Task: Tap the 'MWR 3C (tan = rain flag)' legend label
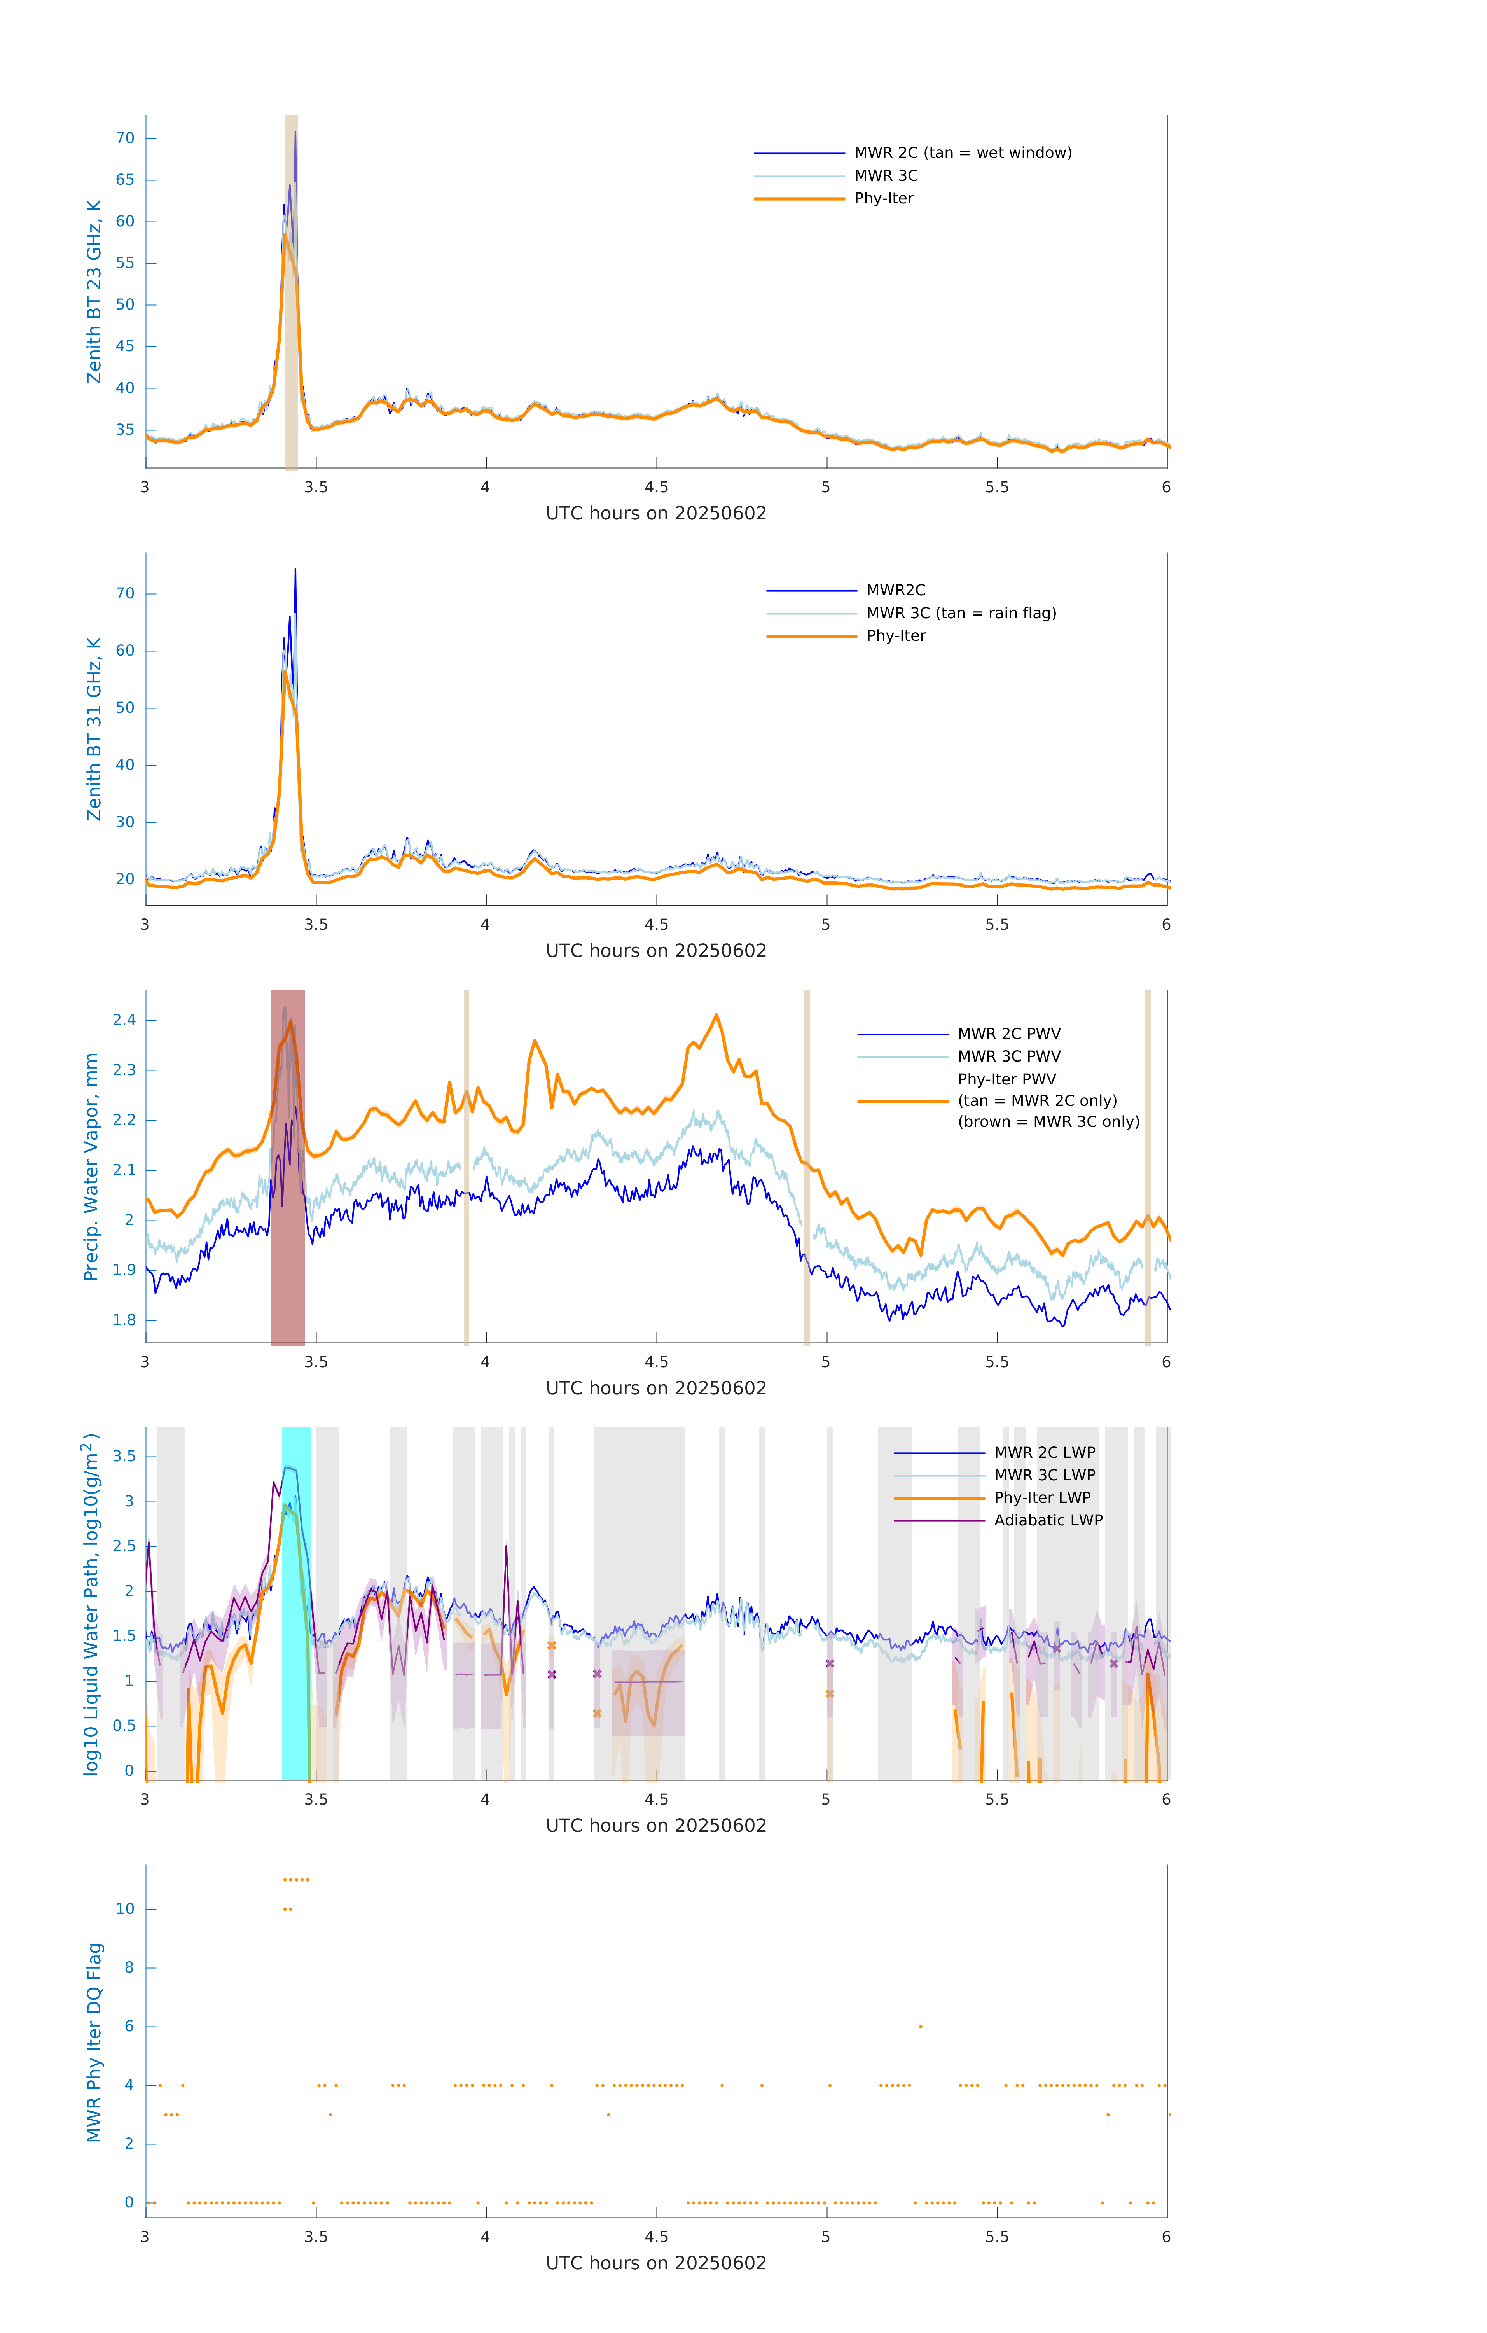tap(960, 613)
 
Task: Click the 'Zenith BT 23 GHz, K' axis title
tap(94, 292)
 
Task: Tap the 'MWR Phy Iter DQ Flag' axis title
tap(94, 2042)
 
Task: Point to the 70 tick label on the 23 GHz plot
tap(125, 138)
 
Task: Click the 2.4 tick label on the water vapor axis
tap(124, 1020)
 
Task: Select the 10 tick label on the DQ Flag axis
tap(125, 1909)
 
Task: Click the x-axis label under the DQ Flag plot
tap(656, 2263)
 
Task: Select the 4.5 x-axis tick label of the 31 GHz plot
tap(656, 925)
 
